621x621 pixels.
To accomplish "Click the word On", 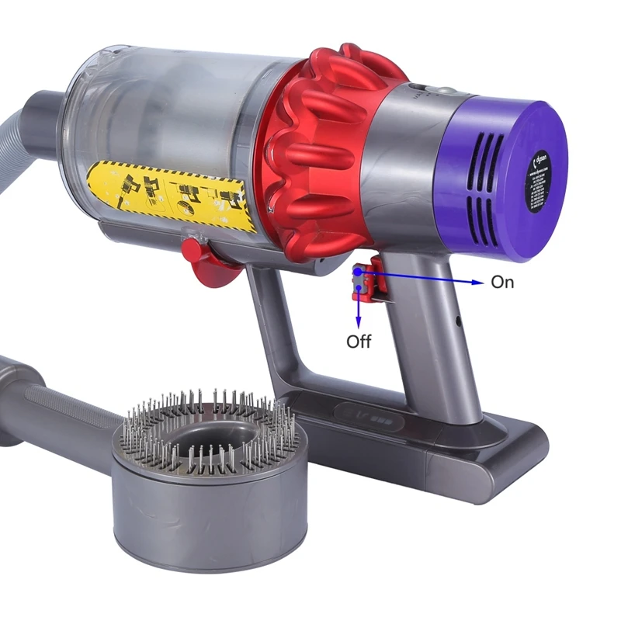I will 502,283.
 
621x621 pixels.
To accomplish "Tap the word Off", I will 359,342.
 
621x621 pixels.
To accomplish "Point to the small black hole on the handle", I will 458,319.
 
